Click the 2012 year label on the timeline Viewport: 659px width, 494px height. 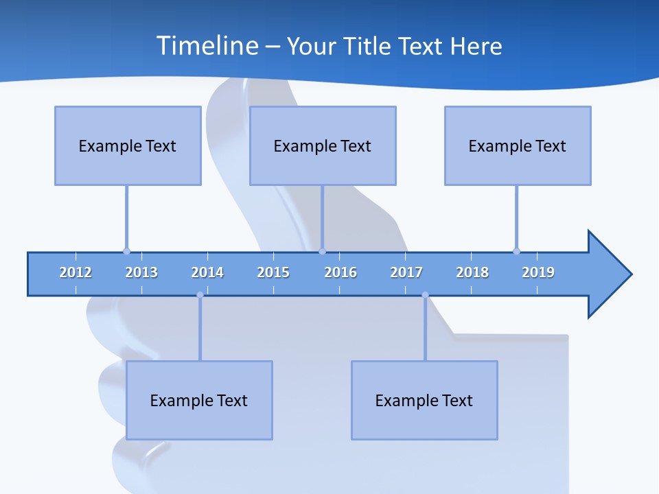click(x=76, y=272)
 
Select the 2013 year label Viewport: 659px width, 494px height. click(x=141, y=272)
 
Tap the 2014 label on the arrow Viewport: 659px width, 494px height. click(x=207, y=272)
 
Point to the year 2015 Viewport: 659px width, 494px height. click(x=273, y=272)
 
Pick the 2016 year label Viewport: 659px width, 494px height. click(x=340, y=272)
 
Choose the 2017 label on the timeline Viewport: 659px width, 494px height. click(x=406, y=272)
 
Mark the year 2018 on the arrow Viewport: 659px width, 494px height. click(x=472, y=272)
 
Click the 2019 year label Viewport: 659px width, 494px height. click(x=538, y=272)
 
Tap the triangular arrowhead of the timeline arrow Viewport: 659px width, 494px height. click(x=608, y=274)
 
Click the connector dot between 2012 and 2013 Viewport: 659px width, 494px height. click(x=126, y=251)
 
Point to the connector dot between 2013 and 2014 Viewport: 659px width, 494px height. click(x=200, y=295)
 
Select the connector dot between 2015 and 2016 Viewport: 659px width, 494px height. click(x=322, y=251)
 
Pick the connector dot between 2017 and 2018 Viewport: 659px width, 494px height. click(x=425, y=295)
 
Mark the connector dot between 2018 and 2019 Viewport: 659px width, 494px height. click(x=516, y=251)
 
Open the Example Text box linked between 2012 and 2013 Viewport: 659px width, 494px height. click(x=128, y=145)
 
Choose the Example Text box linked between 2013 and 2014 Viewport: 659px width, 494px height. click(x=199, y=400)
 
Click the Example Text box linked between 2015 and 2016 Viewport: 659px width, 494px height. click(x=323, y=145)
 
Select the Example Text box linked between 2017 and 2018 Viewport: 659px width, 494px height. click(x=424, y=400)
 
